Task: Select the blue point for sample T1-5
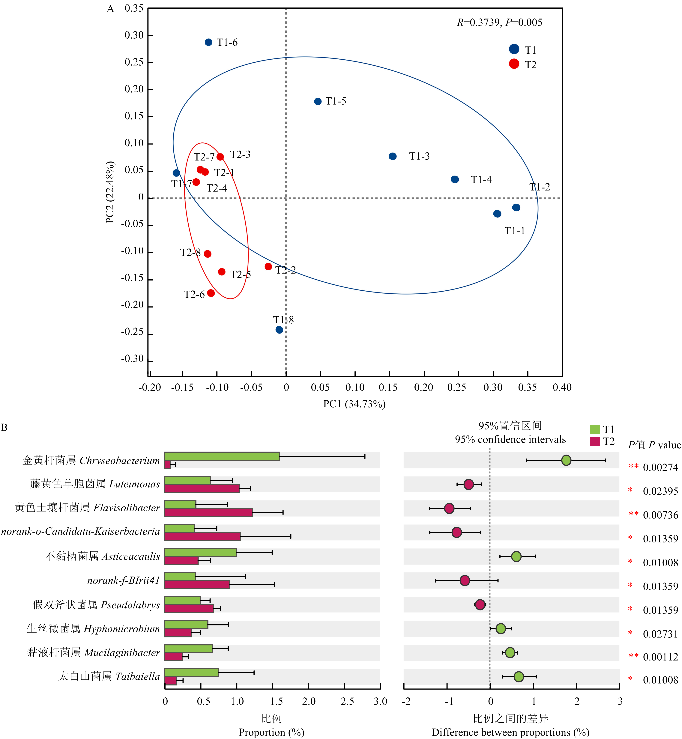[x=318, y=101]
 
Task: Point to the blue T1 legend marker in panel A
[x=514, y=49]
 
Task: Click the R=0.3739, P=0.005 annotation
[x=499, y=22]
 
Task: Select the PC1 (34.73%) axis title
[x=354, y=404]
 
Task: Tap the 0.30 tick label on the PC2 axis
[x=134, y=35]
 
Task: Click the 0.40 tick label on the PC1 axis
[x=562, y=387]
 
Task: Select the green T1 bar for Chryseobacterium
[x=222, y=456]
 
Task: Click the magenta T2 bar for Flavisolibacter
[x=208, y=512]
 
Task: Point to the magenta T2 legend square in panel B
[x=595, y=442]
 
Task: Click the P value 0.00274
[x=660, y=467]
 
